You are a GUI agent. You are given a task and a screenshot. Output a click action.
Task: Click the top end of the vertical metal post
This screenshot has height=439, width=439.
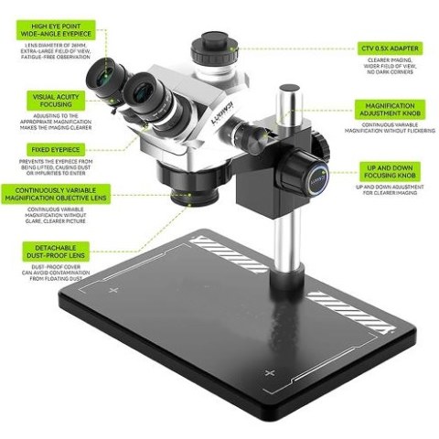[289, 90]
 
